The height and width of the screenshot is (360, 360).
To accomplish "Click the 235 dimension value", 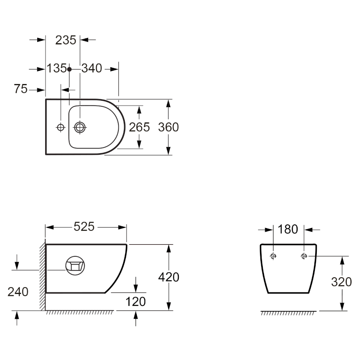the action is pos(66,40).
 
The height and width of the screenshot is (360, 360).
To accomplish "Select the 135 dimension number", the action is pos(57,68).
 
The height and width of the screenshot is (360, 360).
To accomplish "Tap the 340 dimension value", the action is pos(92,68).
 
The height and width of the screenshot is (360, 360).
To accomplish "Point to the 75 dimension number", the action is pos(21,89).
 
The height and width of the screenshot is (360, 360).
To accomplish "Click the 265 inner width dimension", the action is pos(139,127).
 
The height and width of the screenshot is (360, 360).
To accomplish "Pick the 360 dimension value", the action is pos(168,127).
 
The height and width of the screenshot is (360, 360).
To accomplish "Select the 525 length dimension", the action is pos(84,227).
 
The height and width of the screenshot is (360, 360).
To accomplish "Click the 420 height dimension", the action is pos(169,277).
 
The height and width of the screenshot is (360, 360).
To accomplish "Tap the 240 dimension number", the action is pos(18,292).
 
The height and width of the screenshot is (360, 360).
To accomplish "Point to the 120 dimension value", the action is pos(136,302).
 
